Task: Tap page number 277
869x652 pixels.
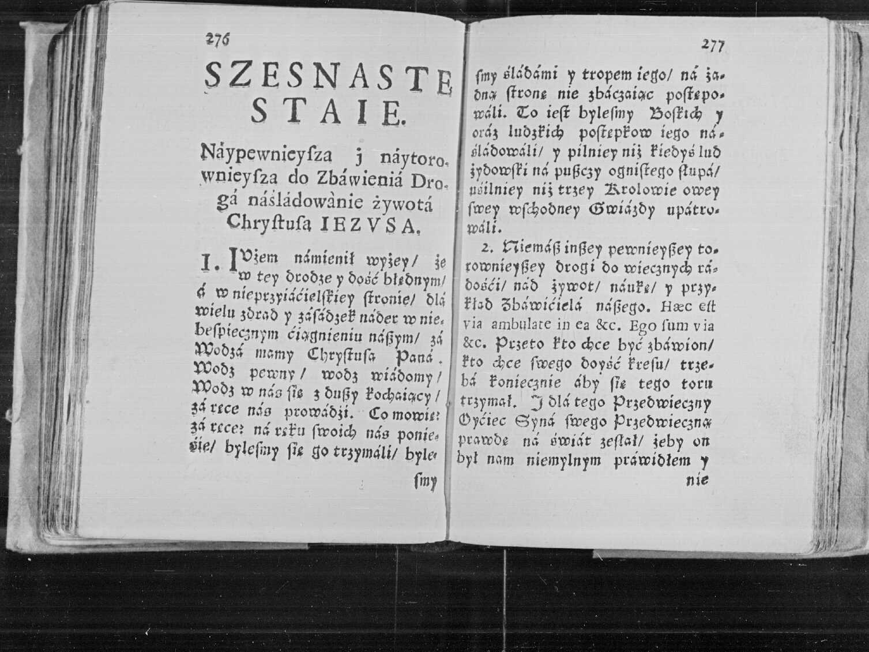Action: coord(713,46)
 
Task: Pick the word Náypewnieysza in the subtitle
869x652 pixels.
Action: coord(266,155)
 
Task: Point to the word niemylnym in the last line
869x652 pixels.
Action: coord(563,460)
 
